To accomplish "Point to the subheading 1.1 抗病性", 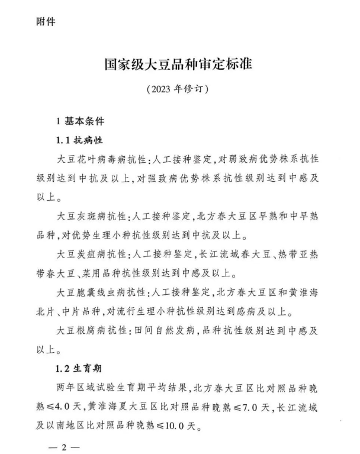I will coord(80,141).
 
